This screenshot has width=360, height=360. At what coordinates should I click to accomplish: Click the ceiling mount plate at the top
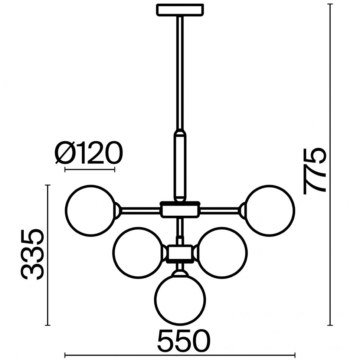click(180, 10)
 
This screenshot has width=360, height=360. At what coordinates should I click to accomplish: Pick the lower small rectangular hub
click(180, 254)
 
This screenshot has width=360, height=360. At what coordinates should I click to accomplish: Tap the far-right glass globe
click(270, 210)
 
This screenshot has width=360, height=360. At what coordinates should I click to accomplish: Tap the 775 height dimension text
click(315, 171)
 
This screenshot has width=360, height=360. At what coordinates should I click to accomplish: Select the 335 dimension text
click(32, 254)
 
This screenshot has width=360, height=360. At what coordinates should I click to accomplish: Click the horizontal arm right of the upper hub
click(220, 210)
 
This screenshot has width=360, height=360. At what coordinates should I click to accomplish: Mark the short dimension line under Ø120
click(90, 170)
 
